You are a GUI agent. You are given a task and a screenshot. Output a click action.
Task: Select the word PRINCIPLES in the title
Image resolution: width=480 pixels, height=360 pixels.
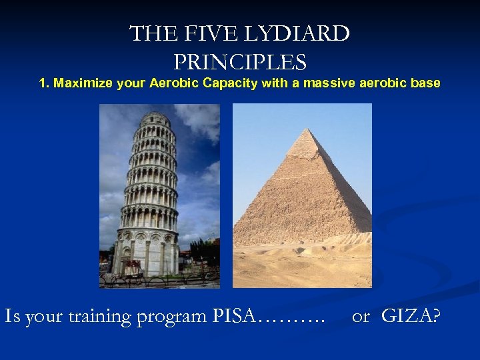240,63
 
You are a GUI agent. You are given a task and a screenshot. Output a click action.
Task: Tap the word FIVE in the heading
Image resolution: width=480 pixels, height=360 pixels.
201,34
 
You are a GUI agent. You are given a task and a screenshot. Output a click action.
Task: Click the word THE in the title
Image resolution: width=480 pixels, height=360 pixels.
150,34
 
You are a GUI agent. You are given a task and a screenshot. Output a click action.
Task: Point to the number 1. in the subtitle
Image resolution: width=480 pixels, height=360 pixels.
45,83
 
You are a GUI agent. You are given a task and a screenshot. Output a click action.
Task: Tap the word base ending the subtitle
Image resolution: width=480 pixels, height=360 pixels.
426,83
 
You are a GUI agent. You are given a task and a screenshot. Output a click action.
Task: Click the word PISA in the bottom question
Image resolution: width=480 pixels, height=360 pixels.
234,315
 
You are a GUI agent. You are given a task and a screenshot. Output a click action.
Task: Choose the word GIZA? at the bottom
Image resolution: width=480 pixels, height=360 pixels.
411,315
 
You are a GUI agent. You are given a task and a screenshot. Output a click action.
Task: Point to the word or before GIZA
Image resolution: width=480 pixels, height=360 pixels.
360,316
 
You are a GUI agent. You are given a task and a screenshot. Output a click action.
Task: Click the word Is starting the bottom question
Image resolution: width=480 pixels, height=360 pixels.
12,315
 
